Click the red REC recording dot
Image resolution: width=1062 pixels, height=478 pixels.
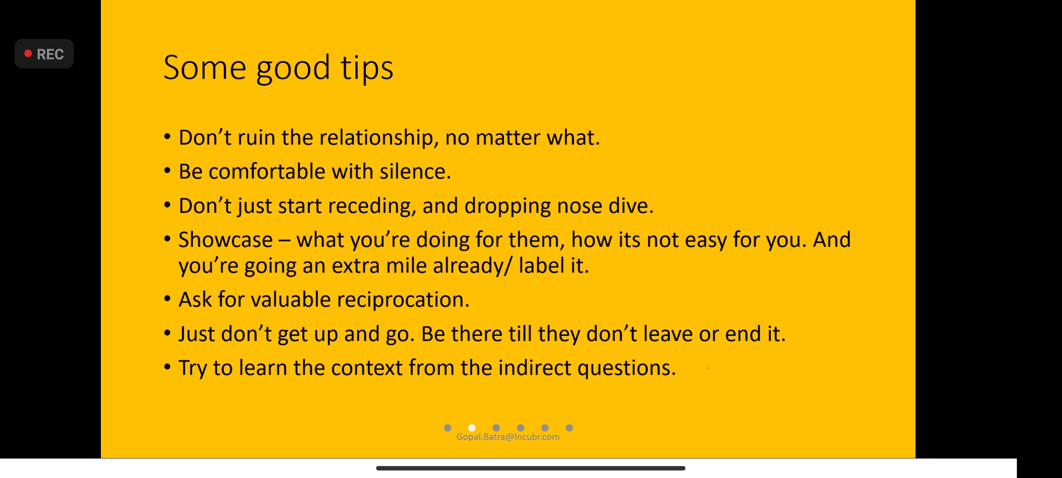(x=28, y=54)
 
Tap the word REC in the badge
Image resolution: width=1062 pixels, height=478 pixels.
(x=50, y=54)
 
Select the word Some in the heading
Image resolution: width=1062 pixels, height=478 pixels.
(x=205, y=68)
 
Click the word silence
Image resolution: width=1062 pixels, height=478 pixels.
(x=415, y=171)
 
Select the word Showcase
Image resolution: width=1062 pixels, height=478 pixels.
(x=226, y=240)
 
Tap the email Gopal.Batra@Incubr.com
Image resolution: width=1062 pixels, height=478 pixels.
(x=508, y=437)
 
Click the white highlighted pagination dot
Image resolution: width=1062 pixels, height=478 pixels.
(x=472, y=428)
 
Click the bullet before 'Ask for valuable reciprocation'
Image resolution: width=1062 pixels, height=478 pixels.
(x=167, y=299)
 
